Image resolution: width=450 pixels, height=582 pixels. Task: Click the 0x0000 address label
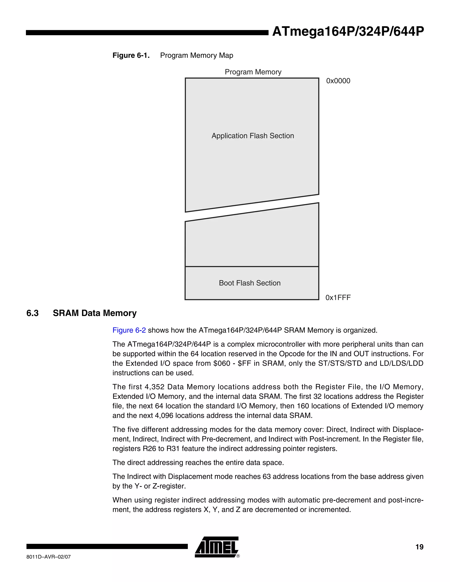(x=338, y=81)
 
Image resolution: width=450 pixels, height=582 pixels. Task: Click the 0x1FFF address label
(x=338, y=298)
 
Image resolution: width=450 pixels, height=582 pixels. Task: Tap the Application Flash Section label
(x=252, y=136)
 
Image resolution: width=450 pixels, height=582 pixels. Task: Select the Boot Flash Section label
(x=250, y=283)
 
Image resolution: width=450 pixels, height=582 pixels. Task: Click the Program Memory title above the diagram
(x=253, y=72)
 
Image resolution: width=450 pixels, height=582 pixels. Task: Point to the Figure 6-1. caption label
(x=131, y=55)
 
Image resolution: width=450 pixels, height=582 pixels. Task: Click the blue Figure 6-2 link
(x=129, y=331)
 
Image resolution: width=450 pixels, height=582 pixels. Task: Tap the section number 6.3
(x=33, y=313)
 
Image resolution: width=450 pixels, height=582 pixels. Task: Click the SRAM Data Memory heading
(x=95, y=313)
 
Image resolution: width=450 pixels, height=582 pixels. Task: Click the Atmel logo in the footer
(x=216, y=547)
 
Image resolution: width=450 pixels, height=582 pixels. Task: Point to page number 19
(x=419, y=547)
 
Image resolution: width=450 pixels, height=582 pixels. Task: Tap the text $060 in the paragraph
(x=222, y=363)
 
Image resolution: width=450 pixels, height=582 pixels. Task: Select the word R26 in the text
(x=149, y=449)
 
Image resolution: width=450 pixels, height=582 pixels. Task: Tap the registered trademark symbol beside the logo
(x=238, y=557)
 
